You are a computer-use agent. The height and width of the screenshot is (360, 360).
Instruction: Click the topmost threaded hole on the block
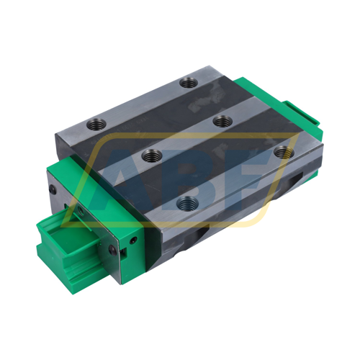coord(189,83)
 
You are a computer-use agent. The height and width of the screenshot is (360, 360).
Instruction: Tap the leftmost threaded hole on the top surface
coord(151,153)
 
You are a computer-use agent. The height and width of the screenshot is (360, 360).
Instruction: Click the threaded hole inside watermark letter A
coord(151,153)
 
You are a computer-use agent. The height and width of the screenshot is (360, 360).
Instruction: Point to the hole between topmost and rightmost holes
coord(220,122)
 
